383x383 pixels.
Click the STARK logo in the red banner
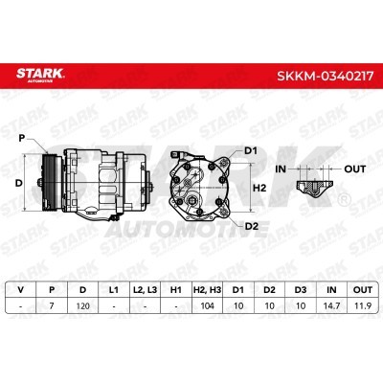point(40,75)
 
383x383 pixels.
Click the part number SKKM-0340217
point(326,77)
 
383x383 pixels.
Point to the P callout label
point(22,138)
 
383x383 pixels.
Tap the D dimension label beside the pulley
point(19,183)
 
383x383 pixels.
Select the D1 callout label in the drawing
point(251,150)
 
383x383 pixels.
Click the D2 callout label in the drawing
point(252,226)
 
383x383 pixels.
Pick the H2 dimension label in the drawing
point(259,188)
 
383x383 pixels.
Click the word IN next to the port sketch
point(281,169)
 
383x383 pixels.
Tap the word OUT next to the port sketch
point(354,169)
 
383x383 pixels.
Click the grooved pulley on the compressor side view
point(50,183)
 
